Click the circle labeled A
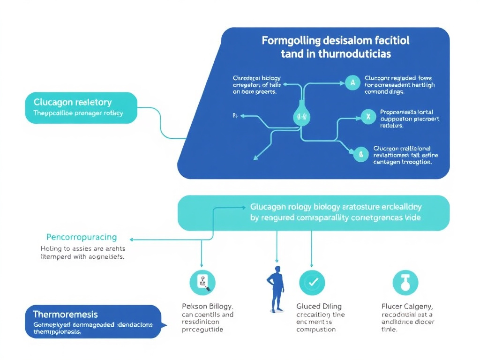pyautogui.click(x=352, y=83)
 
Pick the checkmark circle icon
pyautogui.click(x=312, y=282)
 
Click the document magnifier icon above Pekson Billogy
pyautogui.click(x=202, y=282)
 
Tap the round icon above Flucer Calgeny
pyautogui.click(x=405, y=282)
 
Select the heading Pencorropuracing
pyautogui.click(x=82, y=237)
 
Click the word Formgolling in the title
pyautogui.click(x=288, y=40)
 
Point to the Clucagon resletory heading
pyautogui.click(x=73, y=102)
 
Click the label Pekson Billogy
pyautogui.click(x=207, y=307)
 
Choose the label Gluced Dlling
pyautogui.click(x=319, y=307)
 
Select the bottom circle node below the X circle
pyautogui.click(x=360, y=153)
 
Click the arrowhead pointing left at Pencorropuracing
pyautogui.click(x=132, y=240)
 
